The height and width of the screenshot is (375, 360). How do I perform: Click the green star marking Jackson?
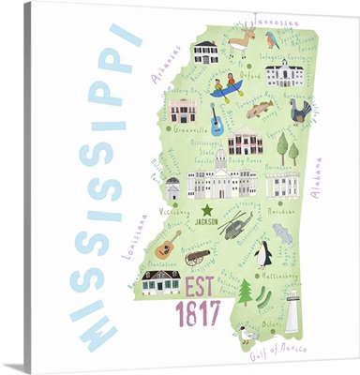[x=207, y=209]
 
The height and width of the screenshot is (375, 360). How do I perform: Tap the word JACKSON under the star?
[x=209, y=221]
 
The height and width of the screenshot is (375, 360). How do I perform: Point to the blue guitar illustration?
[x=217, y=121]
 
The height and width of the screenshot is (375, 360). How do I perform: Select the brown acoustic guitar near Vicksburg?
[x=168, y=246]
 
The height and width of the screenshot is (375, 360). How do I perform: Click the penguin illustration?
[x=265, y=252]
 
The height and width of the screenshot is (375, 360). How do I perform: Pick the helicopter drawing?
[x=234, y=226]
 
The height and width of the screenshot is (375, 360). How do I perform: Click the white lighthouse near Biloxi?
[x=292, y=310]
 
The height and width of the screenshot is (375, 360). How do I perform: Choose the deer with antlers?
[x=242, y=42]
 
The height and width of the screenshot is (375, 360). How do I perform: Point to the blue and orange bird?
[x=273, y=40]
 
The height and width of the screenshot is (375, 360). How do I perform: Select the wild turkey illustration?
[x=300, y=112]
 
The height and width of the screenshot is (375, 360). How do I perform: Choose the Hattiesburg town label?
[x=278, y=278]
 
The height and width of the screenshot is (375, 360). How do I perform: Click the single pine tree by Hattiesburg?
[x=246, y=293]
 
